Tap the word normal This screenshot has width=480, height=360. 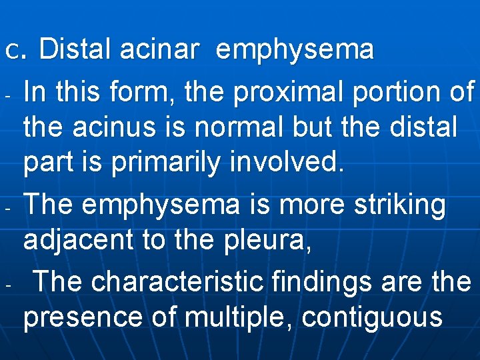pyautogui.click(x=225, y=126)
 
